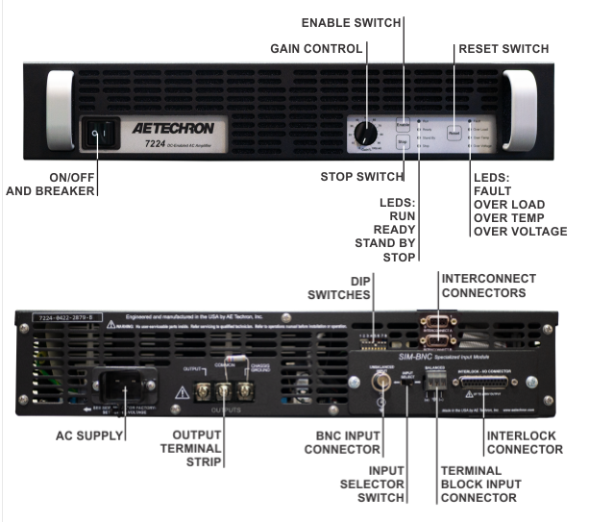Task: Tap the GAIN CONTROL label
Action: (316, 48)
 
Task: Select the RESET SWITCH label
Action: (503, 48)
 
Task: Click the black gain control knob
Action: (365, 133)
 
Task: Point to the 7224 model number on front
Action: (159, 143)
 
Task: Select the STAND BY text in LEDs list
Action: (388, 243)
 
